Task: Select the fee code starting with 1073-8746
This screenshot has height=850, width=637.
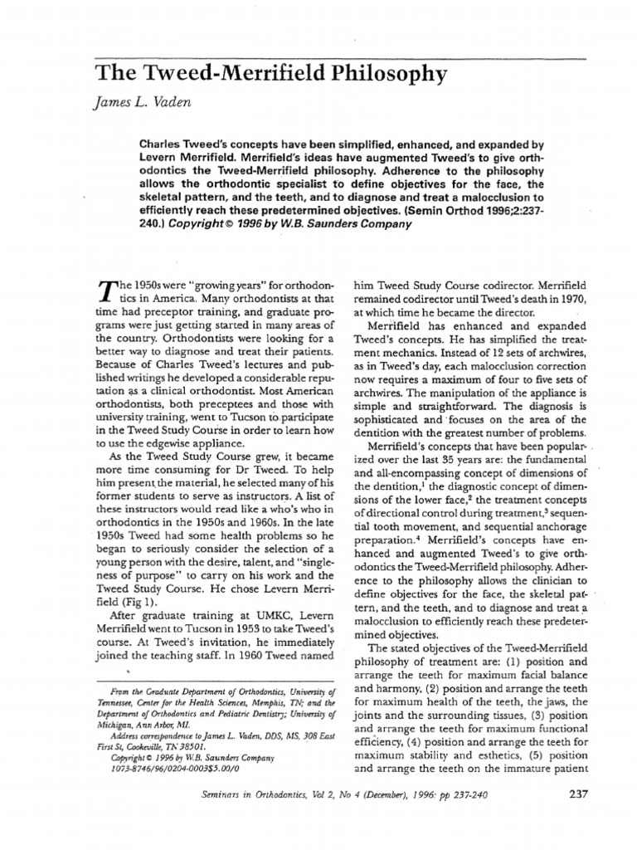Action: click(x=171, y=778)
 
